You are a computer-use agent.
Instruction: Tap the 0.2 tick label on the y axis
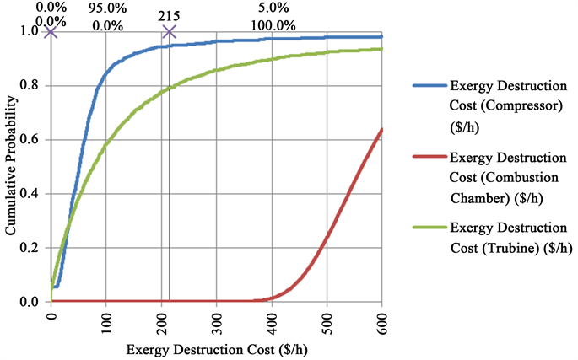(x=32, y=247)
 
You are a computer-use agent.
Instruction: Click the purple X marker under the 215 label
(x=169, y=32)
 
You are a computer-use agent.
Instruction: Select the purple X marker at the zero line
(x=51, y=32)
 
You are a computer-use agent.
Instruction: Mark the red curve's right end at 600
(x=382, y=129)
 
